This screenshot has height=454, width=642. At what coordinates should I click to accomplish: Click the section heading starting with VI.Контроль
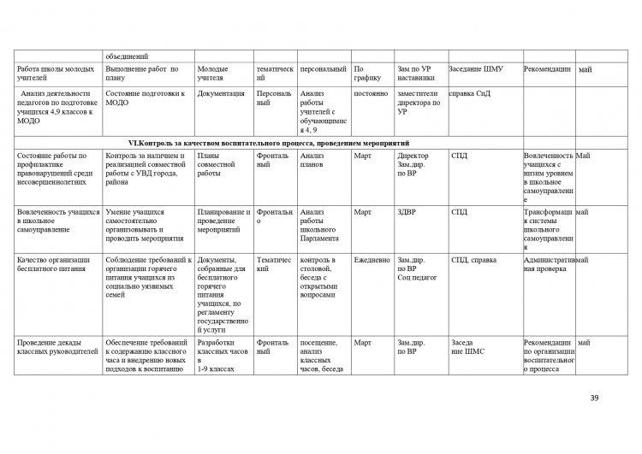[268, 142]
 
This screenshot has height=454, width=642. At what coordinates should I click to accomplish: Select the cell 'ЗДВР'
[407, 212]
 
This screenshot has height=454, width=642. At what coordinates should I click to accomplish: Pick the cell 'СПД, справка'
[471, 259]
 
